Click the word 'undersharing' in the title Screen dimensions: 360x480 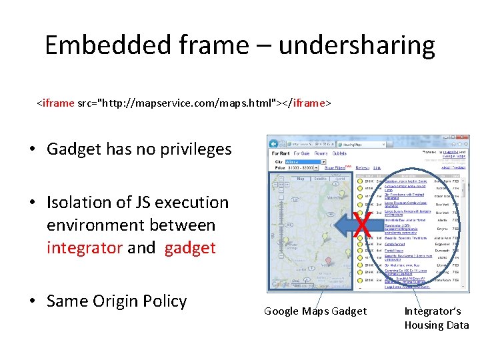[356, 45]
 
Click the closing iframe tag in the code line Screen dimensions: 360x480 [307, 103]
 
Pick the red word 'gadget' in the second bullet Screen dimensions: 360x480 [190, 248]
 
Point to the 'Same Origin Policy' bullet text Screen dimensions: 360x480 [117, 301]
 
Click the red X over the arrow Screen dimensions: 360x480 [363, 226]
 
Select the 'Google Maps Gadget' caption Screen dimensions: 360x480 [315, 311]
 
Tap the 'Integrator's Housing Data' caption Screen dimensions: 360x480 [437, 318]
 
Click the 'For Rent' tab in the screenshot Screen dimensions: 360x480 [281, 153]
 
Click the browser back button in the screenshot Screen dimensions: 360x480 [274, 143]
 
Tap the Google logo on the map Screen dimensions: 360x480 [281, 284]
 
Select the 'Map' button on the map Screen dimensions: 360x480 [301, 178]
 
